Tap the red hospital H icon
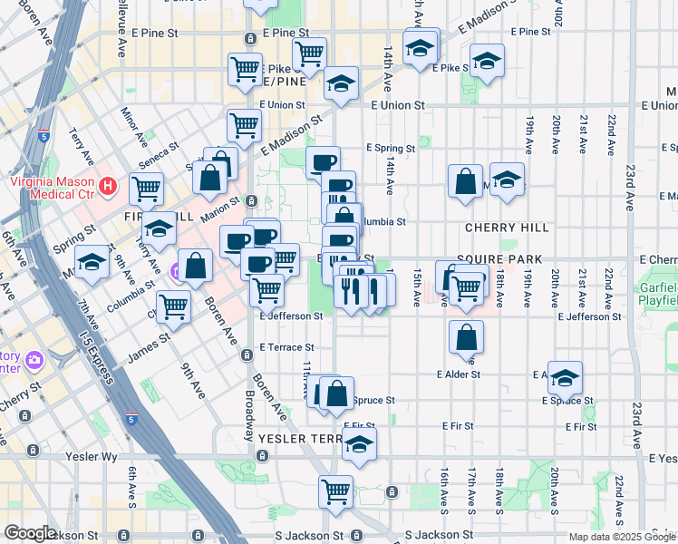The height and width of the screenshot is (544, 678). [109, 187]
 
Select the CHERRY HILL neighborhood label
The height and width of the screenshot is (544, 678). [507, 228]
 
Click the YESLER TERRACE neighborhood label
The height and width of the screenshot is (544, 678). [299, 438]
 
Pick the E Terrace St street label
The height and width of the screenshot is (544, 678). [286, 347]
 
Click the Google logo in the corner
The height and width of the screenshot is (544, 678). [30, 533]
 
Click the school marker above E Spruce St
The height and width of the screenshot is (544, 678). [565, 376]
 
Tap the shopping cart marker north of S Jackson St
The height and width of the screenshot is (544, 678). [335, 491]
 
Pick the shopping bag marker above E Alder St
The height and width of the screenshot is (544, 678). [466, 337]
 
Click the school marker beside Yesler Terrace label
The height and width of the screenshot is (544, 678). [359, 445]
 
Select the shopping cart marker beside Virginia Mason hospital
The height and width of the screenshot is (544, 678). [146, 189]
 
